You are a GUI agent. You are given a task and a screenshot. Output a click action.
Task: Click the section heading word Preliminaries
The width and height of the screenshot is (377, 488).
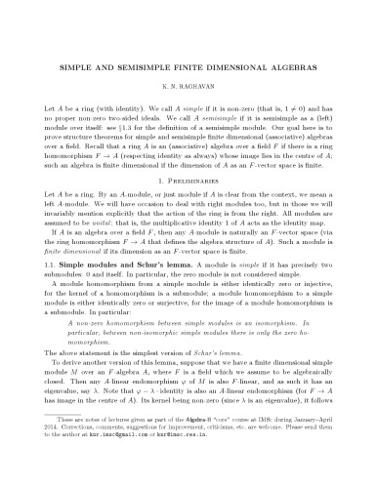click(x=196, y=209)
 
